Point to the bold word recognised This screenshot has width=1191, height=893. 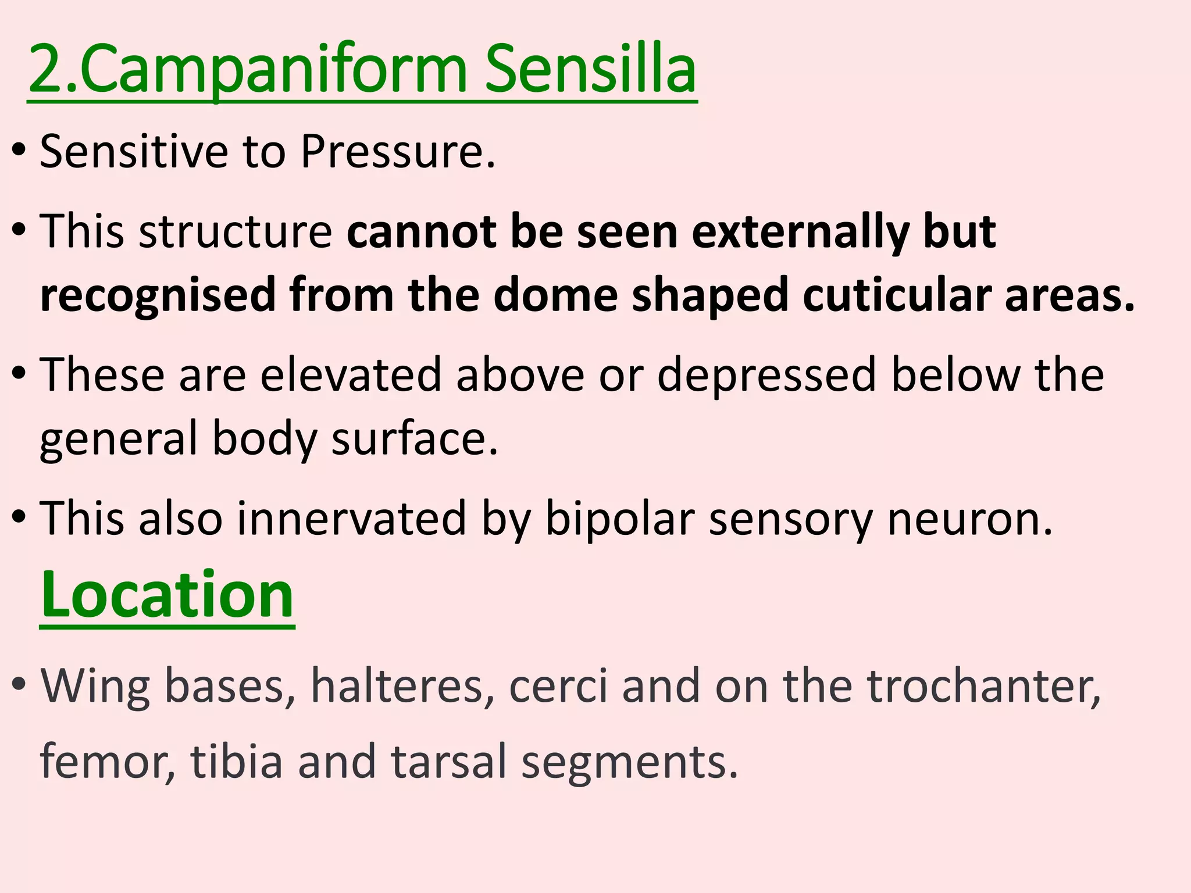(x=157, y=295)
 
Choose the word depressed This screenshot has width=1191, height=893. (x=766, y=376)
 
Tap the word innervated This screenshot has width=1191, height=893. (x=351, y=519)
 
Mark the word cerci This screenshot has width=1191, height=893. (x=558, y=687)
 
